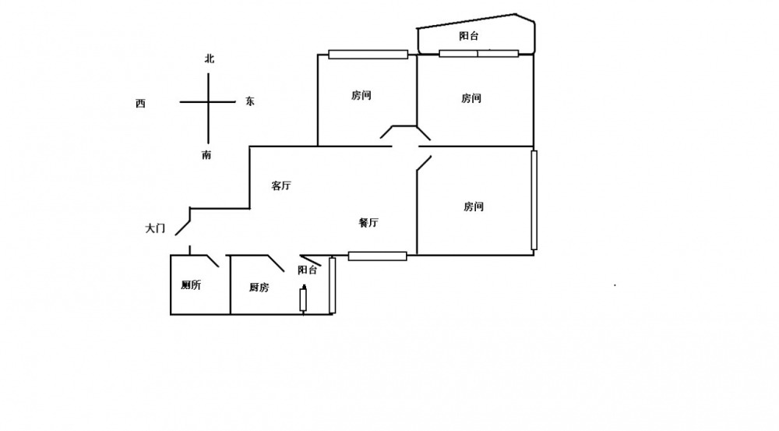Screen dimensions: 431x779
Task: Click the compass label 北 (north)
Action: pos(209,58)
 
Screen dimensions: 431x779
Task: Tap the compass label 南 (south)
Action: pos(206,155)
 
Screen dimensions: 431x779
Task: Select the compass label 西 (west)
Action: pos(140,104)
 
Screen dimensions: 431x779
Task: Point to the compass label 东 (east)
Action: pos(250,101)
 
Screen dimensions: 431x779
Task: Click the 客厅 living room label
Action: pos(281,185)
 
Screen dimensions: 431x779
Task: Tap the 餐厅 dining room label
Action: pos(368,222)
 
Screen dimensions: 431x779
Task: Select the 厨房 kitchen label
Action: pos(259,288)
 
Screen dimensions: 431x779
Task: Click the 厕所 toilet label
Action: pos(191,285)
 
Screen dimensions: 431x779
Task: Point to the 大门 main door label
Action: pos(155,228)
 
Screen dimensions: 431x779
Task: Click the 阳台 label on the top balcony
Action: pos(468,36)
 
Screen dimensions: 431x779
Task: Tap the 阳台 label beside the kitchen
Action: pos(308,270)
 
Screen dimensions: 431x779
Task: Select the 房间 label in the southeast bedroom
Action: pos(474,207)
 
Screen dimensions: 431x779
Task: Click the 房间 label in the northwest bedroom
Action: pos(361,96)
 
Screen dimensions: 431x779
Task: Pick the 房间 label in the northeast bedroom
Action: pos(471,98)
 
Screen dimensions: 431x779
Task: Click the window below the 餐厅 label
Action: pos(377,256)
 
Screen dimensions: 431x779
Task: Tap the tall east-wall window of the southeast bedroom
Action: pos(534,200)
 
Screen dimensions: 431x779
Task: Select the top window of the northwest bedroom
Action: pos(368,55)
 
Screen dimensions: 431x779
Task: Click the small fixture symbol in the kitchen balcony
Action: pos(304,299)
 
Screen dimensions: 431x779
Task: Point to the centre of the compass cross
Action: pos(208,102)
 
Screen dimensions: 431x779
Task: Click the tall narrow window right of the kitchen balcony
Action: pos(332,284)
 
